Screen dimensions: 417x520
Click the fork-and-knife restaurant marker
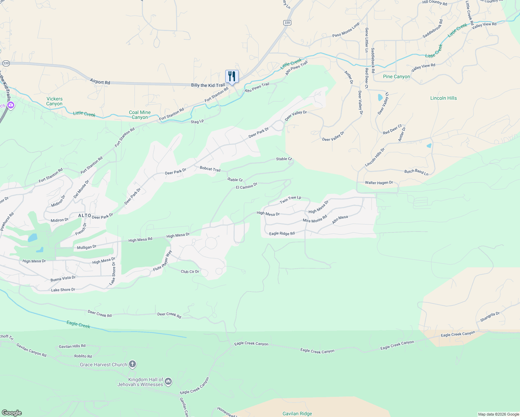click(232, 76)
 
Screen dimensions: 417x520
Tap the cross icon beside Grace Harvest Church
click(132, 364)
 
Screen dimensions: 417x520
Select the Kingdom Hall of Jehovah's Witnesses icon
click(168, 382)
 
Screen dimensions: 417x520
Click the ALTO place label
click(84, 216)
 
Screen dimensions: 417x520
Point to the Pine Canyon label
click(396, 77)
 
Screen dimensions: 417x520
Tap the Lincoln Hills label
click(443, 98)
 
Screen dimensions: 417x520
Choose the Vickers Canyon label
click(55, 101)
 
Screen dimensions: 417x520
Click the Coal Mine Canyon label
click(140, 115)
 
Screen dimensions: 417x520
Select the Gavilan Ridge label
click(297, 414)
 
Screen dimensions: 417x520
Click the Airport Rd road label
click(100, 82)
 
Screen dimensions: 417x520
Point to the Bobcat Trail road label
click(210, 169)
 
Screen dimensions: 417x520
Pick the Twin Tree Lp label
click(290, 199)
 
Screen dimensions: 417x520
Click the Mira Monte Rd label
click(315, 219)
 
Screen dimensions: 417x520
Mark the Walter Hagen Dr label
click(379, 182)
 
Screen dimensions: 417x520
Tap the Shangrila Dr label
click(490, 317)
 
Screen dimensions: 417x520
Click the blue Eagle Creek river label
click(78, 325)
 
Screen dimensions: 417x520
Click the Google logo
click(12, 413)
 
